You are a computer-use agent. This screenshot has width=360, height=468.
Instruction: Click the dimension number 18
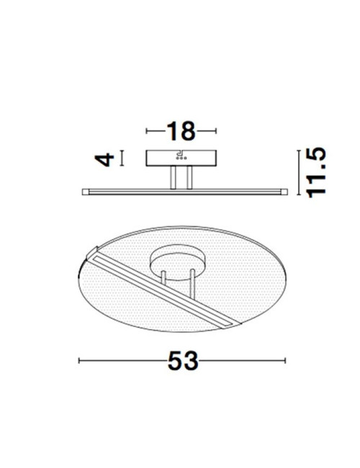pos(181,131)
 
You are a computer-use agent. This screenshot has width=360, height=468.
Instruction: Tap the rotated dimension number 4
pos(106,158)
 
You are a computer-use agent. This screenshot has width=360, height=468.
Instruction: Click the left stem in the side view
pos(173,177)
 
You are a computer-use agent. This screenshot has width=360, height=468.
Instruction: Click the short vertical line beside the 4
pos(122,158)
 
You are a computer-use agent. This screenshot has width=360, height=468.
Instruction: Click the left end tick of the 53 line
pos(79,361)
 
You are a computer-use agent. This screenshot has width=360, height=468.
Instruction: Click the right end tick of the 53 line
pos(286,361)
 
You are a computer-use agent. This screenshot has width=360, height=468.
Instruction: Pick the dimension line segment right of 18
pos(207,131)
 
